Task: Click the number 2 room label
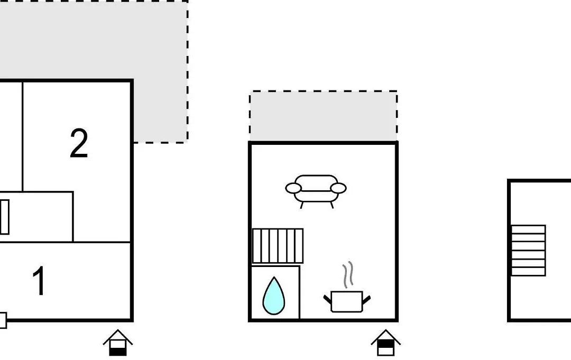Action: pyautogui.click(x=79, y=143)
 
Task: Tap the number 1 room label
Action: pyautogui.click(x=40, y=281)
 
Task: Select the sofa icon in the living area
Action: pyautogui.click(x=316, y=191)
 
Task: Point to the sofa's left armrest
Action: pyautogui.click(x=293, y=188)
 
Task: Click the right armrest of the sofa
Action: pyautogui.click(x=338, y=188)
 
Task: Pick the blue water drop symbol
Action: pyautogui.click(x=274, y=296)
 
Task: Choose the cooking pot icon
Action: pyautogui.click(x=347, y=301)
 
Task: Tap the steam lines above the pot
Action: pyautogui.click(x=348, y=274)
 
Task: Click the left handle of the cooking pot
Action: pyautogui.click(x=328, y=300)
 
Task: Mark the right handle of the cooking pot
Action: pyautogui.click(x=366, y=300)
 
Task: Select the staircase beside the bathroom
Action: pyautogui.click(x=278, y=246)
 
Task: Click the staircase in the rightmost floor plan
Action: pyautogui.click(x=528, y=251)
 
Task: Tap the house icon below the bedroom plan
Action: pyautogui.click(x=118, y=343)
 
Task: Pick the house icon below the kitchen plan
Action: pyautogui.click(x=386, y=343)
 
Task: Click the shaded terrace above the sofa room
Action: pyautogui.click(x=324, y=116)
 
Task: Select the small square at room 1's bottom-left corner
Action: pyautogui.click(x=3, y=320)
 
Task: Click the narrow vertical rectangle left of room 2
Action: pyautogui.click(x=5, y=217)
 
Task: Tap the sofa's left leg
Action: pyautogui.click(x=302, y=205)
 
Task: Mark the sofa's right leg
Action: pyautogui.click(x=331, y=205)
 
